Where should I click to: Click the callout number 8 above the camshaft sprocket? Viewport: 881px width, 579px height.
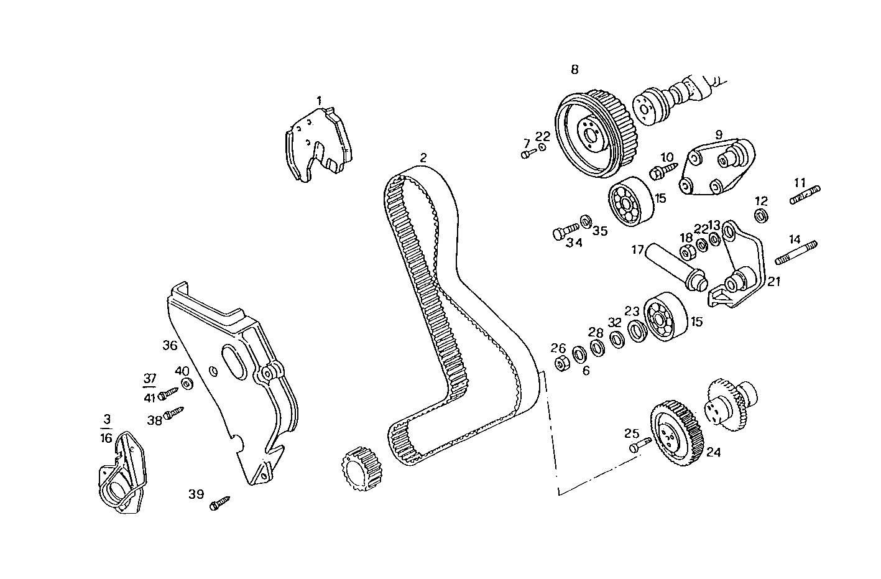(574, 70)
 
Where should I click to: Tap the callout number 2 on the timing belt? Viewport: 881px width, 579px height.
(423, 158)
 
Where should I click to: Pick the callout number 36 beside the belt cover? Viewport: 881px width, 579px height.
(170, 346)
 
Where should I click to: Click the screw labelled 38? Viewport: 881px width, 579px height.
(175, 414)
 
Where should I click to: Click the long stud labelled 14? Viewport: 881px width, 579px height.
(796, 252)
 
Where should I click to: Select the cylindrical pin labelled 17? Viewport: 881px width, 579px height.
(678, 266)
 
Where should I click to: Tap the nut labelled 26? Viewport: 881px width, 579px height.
(560, 363)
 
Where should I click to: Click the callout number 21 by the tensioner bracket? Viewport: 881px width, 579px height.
(773, 282)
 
